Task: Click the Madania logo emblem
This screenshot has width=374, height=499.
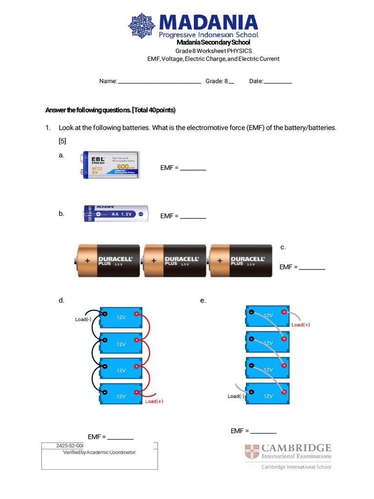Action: click(x=142, y=26)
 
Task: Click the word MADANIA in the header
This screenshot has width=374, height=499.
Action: click(x=208, y=23)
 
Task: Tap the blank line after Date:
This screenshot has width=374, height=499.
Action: click(x=278, y=82)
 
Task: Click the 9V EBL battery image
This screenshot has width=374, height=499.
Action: click(x=111, y=165)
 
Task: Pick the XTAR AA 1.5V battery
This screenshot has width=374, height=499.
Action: click(x=116, y=214)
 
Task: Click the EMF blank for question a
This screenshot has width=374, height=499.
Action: click(x=193, y=169)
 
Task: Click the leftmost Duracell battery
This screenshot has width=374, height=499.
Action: click(x=108, y=261)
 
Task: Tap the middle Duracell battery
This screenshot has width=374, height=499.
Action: click(x=174, y=261)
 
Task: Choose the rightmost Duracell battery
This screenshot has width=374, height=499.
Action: click(x=241, y=261)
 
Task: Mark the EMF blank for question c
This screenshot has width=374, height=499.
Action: click(x=312, y=268)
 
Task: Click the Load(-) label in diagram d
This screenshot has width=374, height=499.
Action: click(x=83, y=320)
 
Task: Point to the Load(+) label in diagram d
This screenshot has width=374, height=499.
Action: click(x=154, y=402)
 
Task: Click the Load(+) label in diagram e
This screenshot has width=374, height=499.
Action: click(x=300, y=325)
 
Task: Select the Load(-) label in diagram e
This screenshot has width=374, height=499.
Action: click(x=236, y=396)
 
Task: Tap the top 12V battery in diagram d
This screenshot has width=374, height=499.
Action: click(x=121, y=317)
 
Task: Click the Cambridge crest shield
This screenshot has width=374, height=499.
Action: click(x=252, y=452)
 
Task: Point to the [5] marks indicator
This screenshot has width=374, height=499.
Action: click(x=62, y=141)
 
